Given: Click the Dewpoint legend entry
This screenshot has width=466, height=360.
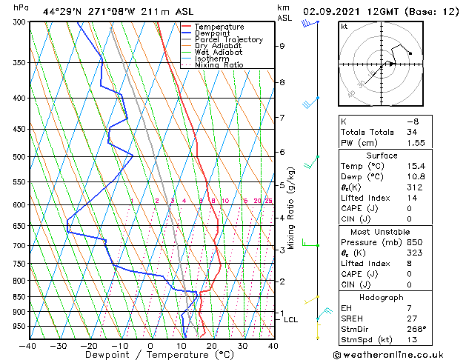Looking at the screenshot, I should [x=212, y=33].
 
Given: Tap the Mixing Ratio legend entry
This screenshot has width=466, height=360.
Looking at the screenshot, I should [x=219, y=65].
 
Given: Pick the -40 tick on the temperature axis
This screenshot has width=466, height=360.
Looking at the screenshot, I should [x=28, y=345].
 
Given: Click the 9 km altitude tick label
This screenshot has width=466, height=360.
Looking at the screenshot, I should [x=282, y=46].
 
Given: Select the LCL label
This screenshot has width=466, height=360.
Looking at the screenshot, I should [x=290, y=320].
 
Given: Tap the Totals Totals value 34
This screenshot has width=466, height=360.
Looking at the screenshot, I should [x=413, y=132].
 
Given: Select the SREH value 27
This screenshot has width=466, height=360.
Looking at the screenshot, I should [x=413, y=319].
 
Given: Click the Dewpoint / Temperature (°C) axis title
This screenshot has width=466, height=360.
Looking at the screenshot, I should [x=150, y=356].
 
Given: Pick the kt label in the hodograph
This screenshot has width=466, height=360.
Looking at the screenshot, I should [x=344, y=27].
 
